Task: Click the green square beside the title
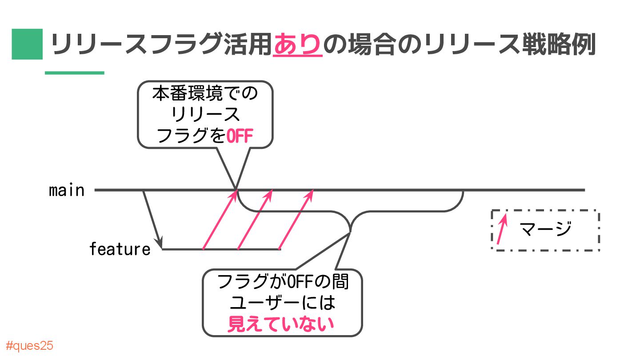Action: [x=27, y=44]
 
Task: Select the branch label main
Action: [x=67, y=190]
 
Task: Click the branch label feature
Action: [x=120, y=249]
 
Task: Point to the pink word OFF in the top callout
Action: [x=240, y=136]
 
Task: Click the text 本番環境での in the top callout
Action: [x=205, y=94]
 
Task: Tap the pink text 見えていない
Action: [x=280, y=324]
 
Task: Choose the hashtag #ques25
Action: [x=30, y=346]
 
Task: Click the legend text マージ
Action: [x=545, y=230]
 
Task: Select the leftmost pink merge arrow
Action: [x=218, y=220]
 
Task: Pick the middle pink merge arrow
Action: [x=255, y=220]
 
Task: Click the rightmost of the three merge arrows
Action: [x=296, y=220]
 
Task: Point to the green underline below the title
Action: [x=74, y=73]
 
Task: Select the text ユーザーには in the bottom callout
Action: [x=282, y=303]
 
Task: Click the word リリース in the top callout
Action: [x=205, y=115]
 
